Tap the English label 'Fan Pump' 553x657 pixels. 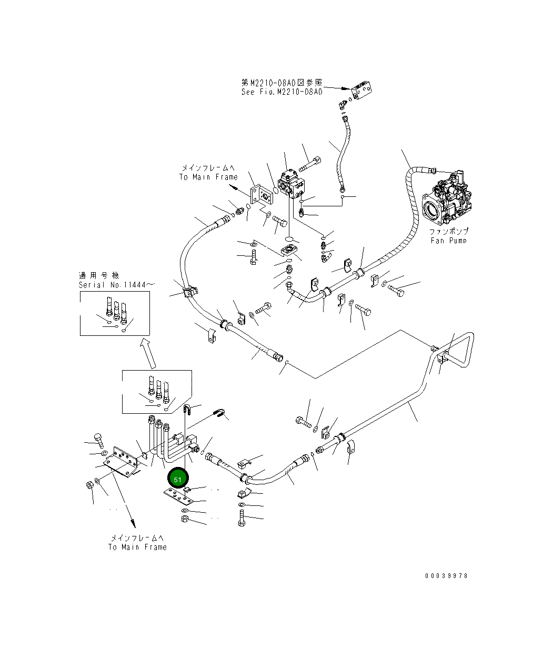449,241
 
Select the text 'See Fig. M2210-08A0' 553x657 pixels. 282,92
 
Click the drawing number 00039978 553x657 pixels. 446,576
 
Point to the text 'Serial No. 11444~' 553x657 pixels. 117,285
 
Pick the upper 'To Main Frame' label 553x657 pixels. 208,177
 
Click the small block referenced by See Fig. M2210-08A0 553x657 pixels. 361,91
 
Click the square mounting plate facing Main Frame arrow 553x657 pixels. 262,195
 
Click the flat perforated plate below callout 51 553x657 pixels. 177,497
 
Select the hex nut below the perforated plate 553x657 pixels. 185,519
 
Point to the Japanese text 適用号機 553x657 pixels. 99,276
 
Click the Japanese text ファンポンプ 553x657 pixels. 449,231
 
